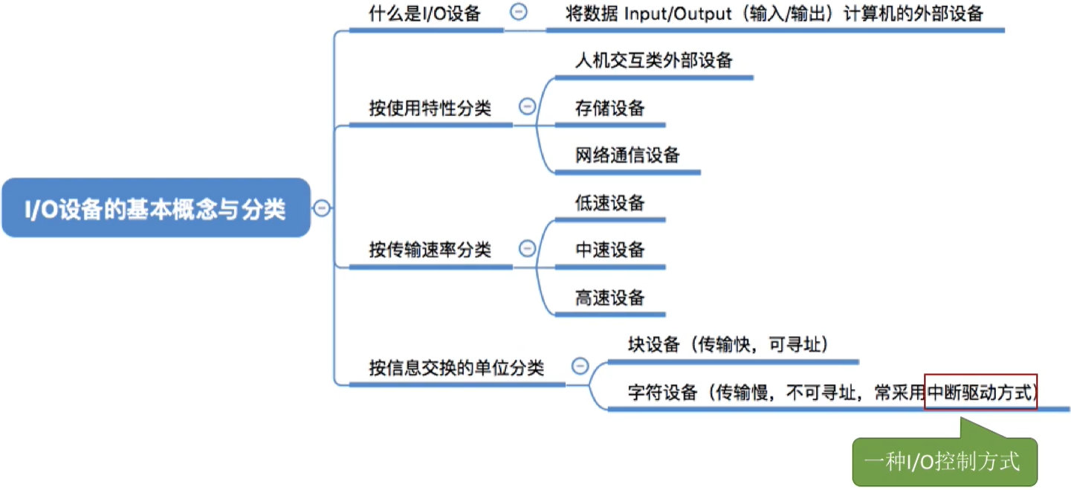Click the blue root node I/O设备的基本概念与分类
(155, 208)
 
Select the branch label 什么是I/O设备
(425, 13)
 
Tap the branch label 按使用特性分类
(430, 108)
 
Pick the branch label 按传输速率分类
(430, 250)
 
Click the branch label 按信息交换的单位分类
(456, 367)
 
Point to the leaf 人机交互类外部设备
(654, 60)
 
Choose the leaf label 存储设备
(609, 109)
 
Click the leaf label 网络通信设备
(627, 155)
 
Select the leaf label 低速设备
(609, 203)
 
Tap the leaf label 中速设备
(609, 250)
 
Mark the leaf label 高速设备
(609, 298)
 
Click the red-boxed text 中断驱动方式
(980, 392)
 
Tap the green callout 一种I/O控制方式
(943, 462)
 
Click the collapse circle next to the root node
(321, 208)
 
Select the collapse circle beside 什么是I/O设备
(519, 13)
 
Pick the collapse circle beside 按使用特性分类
(527, 107)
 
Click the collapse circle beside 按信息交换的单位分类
(580, 366)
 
